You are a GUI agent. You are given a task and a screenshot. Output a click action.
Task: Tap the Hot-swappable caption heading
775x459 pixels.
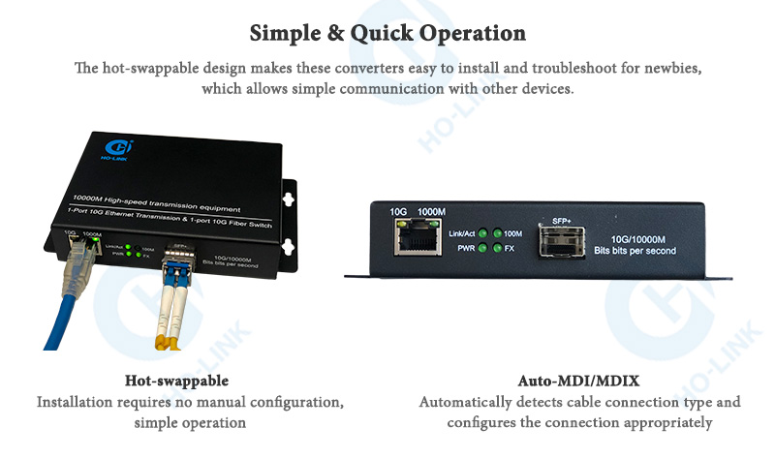pyautogui.click(x=176, y=381)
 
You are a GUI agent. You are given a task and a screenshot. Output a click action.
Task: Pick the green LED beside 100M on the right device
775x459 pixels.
pyautogui.click(x=497, y=233)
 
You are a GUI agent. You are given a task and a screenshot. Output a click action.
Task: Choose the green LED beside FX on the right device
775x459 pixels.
pyautogui.click(x=497, y=249)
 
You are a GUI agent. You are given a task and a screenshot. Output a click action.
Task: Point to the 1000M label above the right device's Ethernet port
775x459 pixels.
pyautogui.click(x=431, y=212)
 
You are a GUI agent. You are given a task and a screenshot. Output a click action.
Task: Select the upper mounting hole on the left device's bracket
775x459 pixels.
pyautogui.click(x=288, y=199)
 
